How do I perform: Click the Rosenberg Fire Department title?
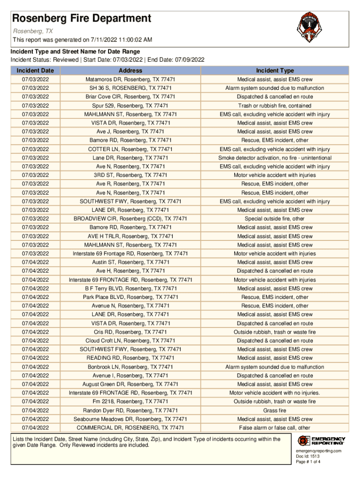tap(82, 19)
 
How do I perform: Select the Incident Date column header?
tap(35, 71)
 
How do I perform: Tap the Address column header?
tap(130, 71)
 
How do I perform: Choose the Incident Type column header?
tap(274, 71)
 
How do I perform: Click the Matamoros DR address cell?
tap(130, 80)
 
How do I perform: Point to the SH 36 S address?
tap(130, 88)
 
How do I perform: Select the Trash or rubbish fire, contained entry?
tap(274, 106)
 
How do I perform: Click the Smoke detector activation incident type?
tap(274, 158)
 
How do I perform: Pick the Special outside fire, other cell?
tap(274, 218)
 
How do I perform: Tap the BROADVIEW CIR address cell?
tap(130, 218)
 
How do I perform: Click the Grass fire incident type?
tap(274, 410)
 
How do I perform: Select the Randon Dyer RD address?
tap(130, 410)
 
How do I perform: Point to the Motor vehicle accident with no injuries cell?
tap(274, 393)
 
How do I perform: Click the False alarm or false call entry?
tap(274, 428)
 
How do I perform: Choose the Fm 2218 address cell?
tap(130, 401)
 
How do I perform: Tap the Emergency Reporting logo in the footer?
tap(321, 441)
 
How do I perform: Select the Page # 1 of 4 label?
tap(308, 462)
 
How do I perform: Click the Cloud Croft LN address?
tap(130, 341)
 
